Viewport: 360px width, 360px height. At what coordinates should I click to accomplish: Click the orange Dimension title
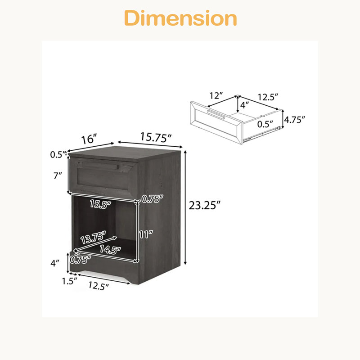click(x=180, y=18)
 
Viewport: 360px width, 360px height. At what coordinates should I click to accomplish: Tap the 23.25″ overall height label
click(x=205, y=205)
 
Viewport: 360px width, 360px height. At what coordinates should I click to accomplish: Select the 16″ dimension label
click(x=89, y=139)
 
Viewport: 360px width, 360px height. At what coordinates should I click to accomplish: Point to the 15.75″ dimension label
click(x=156, y=137)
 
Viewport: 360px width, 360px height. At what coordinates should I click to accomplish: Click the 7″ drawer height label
click(x=58, y=175)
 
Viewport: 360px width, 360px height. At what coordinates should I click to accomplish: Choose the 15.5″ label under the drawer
click(x=100, y=204)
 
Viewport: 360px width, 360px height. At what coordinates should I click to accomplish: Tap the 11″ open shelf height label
click(x=146, y=234)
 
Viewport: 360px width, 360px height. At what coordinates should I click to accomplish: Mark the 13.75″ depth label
click(x=93, y=238)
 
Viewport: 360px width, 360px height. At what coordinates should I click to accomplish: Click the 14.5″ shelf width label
click(x=110, y=250)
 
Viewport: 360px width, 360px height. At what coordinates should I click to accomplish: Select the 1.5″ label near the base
click(x=69, y=281)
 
